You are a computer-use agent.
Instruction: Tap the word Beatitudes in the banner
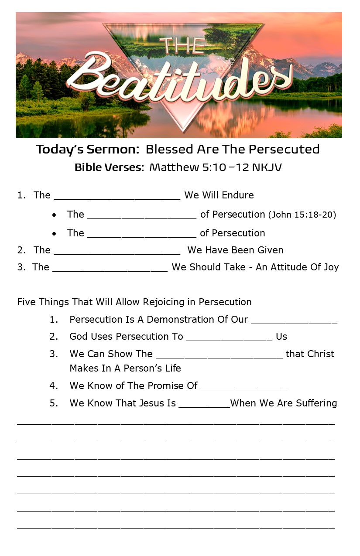click(x=179, y=81)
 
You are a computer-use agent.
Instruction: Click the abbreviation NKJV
click(x=267, y=167)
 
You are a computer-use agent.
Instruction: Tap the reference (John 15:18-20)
click(x=302, y=215)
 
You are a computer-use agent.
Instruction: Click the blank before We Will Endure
click(x=117, y=197)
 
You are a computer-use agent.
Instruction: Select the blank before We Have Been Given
click(x=117, y=252)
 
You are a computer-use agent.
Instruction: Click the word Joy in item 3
click(x=330, y=267)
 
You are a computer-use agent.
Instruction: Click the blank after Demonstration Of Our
click(x=294, y=322)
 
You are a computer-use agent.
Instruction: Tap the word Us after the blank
click(x=281, y=337)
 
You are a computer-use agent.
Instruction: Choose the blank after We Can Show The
click(x=219, y=356)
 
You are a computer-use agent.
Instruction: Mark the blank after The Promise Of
click(x=243, y=388)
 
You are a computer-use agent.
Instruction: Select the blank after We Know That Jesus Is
click(x=204, y=406)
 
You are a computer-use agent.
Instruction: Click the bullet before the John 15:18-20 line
click(x=54, y=215)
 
